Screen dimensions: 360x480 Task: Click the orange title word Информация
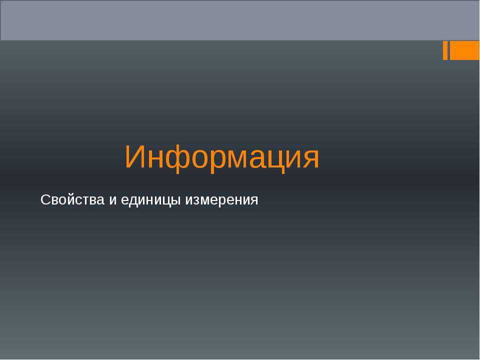(x=222, y=157)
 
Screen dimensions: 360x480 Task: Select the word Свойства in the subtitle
(x=72, y=200)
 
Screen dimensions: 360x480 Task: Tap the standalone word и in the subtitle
(x=112, y=200)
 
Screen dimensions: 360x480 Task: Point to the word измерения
(x=222, y=200)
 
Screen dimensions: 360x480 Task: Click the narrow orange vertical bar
(x=445, y=50)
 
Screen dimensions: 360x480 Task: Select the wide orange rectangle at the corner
(x=464, y=50)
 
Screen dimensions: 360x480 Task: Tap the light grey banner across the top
(x=240, y=20)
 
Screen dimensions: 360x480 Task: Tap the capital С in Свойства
(x=44, y=200)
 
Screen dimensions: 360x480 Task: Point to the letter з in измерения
(x=196, y=201)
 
